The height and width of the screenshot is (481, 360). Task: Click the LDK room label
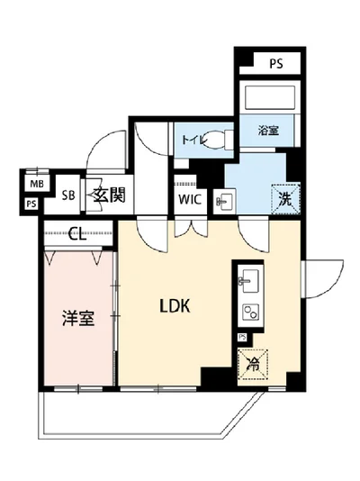175,306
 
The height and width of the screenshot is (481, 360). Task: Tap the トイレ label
192,140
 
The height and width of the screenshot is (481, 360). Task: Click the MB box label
35,185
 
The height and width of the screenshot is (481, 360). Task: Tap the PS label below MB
31,204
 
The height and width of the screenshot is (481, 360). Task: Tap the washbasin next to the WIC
224,202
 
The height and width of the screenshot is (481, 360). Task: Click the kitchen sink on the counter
246,280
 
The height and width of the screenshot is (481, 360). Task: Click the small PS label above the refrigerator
241,338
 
